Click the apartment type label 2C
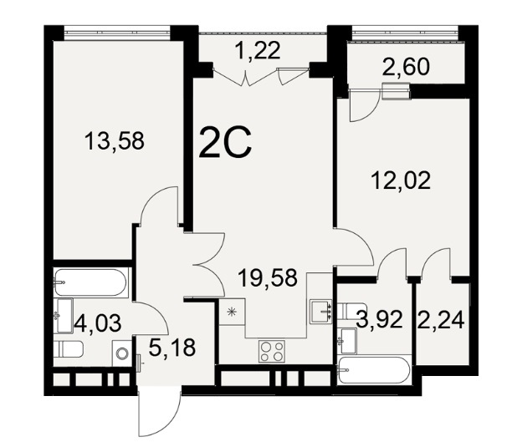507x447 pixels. pyautogui.click(x=225, y=142)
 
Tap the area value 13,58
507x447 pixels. pyautogui.click(x=114, y=142)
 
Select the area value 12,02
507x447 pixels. pyautogui.click(x=401, y=180)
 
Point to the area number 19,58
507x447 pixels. pyautogui.click(x=268, y=277)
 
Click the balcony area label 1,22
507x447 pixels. pyautogui.click(x=258, y=51)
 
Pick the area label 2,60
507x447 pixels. pyautogui.click(x=406, y=67)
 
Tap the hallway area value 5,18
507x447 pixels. pyautogui.click(x=172, y=348)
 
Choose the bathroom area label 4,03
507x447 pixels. pyautogui.click(x=98, y=323)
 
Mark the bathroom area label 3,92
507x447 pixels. pyautogui.click(x=379, y=320)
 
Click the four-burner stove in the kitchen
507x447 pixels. pyautogui.click(x=272, y=351)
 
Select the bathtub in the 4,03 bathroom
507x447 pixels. pyautogui.click(x=90, y=282)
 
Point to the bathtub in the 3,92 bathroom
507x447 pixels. pyautogui.click(x=373, y=370)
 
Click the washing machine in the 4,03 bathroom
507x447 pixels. pyautogui.click(x=122, y=353)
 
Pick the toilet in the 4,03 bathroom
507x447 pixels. pyautogui.click(x=69, y=349)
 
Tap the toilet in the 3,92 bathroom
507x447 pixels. pyautogui.click(x=351, y=311)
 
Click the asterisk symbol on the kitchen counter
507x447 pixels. pyautogui.click(x=231, y=312)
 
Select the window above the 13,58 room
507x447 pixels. pyautogui.click(x=117, y=33)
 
